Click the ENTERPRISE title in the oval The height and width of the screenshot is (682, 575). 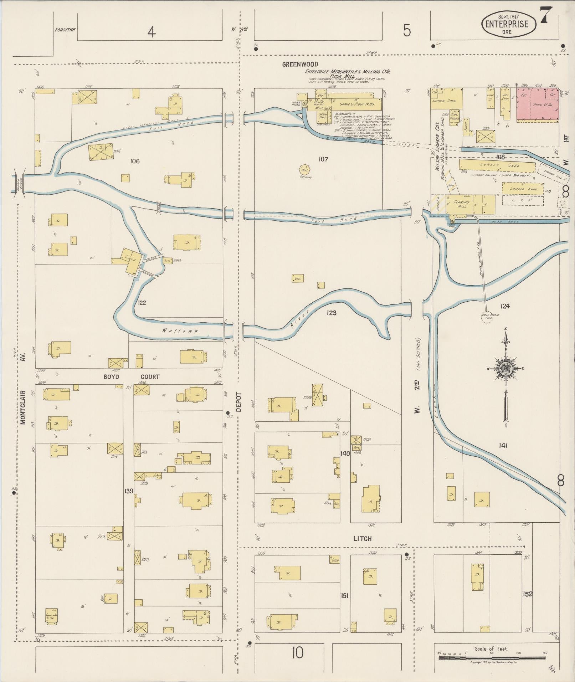[x=509, y=24]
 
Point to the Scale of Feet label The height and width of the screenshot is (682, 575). [x=491, y=648]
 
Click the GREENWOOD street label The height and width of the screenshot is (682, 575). [x=295, y=65]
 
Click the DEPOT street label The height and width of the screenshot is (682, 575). [x=238, y=402]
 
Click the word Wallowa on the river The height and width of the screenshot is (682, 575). [x=175, y=330]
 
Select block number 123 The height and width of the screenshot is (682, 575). [x=331, y=313]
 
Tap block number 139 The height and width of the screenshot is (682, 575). [x=129, y=491]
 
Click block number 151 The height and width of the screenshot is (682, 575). [x=345, y=595]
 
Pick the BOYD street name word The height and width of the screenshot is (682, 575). [x=112, y=376]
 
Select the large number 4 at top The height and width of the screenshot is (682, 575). [x=152, y=33]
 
